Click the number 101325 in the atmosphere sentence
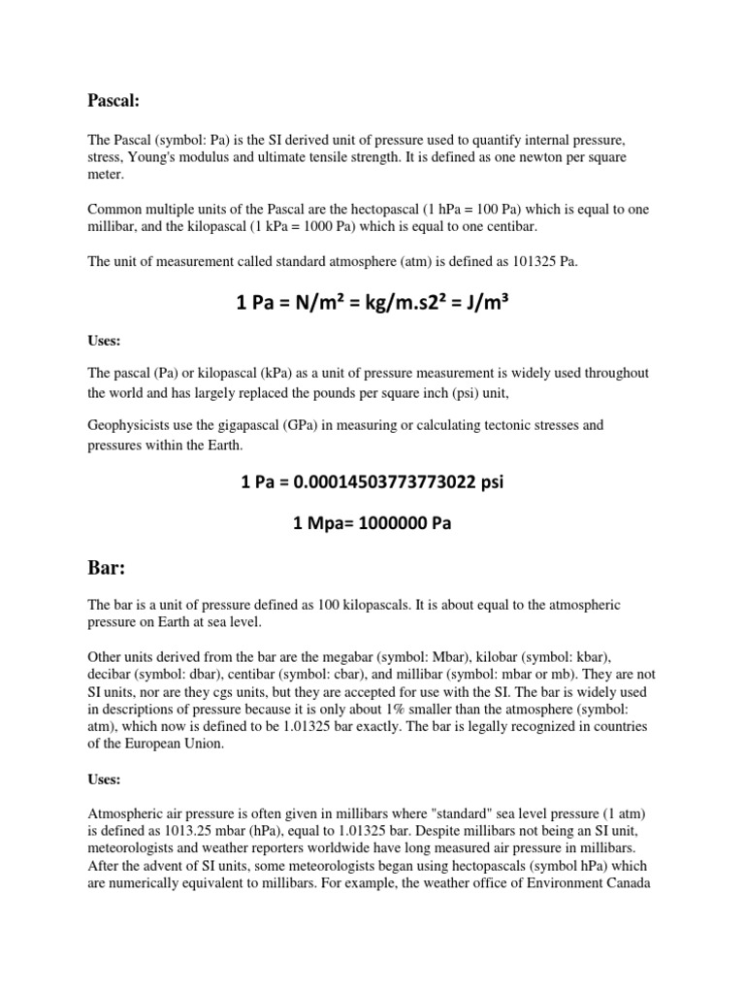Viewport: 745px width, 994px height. [525, 261]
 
